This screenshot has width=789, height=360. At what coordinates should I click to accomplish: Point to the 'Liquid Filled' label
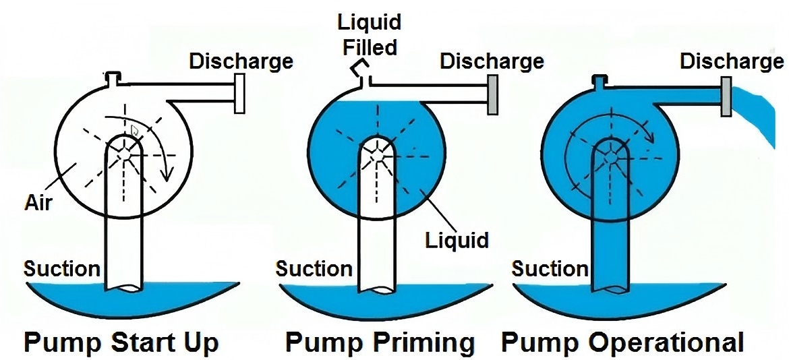(x=369, y=34)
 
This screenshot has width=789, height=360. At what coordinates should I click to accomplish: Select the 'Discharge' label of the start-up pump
(x=241, y=61)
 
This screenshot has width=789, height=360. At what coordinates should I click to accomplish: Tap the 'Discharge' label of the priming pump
(x=492, y=61)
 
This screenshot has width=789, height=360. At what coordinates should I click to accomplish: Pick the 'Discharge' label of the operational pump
(x=732, y=61)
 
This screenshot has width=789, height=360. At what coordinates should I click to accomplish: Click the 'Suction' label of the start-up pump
(x=62, y=269)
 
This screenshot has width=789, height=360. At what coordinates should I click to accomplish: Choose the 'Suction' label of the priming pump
(x=314, y=269)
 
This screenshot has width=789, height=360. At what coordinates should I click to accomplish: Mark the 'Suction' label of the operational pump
(x=550, y=269)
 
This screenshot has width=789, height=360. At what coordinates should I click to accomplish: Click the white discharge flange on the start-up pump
(x=238, y=94)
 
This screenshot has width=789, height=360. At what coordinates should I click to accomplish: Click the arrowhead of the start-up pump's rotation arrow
(x=169, y=177)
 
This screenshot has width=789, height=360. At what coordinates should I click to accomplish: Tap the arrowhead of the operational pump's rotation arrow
(x=651, y=138)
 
